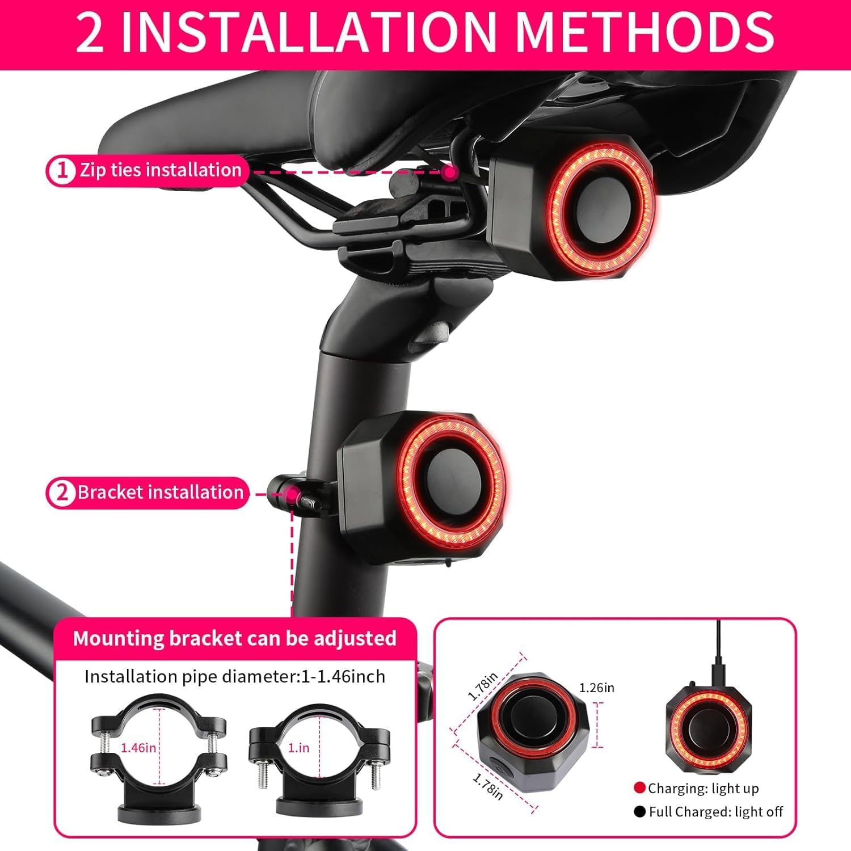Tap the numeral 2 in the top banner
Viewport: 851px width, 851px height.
[90, 33]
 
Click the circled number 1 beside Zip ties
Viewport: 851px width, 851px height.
[62, 171]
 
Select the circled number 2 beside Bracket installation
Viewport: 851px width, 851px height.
[61, 493]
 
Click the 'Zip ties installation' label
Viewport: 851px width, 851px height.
[161, 170]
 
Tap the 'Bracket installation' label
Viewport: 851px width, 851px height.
[161, 492]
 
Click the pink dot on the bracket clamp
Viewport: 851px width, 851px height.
[292, 495]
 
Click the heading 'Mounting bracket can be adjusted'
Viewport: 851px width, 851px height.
[234, 639]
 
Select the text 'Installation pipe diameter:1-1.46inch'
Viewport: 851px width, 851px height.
[234, 677]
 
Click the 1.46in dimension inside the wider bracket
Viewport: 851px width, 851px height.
[138, 748]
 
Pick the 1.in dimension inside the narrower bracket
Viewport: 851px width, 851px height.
[298, 748]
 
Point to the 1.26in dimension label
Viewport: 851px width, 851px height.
[596, 688]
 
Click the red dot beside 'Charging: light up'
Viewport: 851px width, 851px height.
[639, 787]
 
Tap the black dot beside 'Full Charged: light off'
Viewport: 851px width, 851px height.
[639, 812]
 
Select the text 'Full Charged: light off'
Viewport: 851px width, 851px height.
[715, 812]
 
